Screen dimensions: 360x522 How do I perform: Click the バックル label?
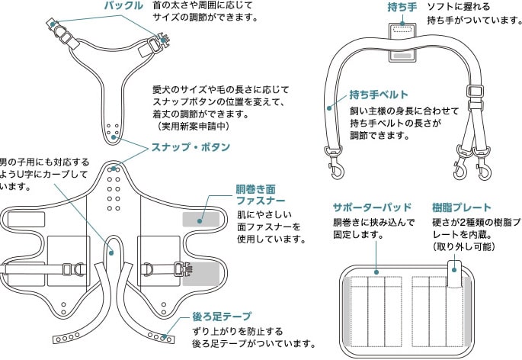pyautogui.click(x=123, y=6)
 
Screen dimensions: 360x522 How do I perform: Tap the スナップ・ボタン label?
pyautogui.click(x=181, y=146)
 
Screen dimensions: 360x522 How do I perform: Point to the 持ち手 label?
pyautogui.click(x=402, y=7)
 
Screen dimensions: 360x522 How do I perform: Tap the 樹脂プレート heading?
pyautogui.click(x=461, y=207)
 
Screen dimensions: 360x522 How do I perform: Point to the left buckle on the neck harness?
pyautogui.click(x=56, y=28)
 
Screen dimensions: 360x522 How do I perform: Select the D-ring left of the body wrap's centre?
pyautogui.click(x=78, y=269)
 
